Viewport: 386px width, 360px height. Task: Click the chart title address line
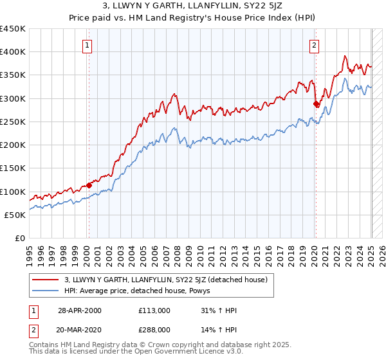(x=193, y=6)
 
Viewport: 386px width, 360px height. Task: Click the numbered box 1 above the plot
(x=87, y=45)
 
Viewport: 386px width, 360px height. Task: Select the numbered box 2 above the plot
(x=314, y=45)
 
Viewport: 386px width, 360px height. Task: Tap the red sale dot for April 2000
(x=89, y=185)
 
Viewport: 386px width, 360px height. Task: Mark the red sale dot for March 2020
(x=316, y=104)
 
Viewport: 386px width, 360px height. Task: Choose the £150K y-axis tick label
(x=13, y=168)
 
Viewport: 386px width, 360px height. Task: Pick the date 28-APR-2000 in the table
(x=80, y=310)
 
